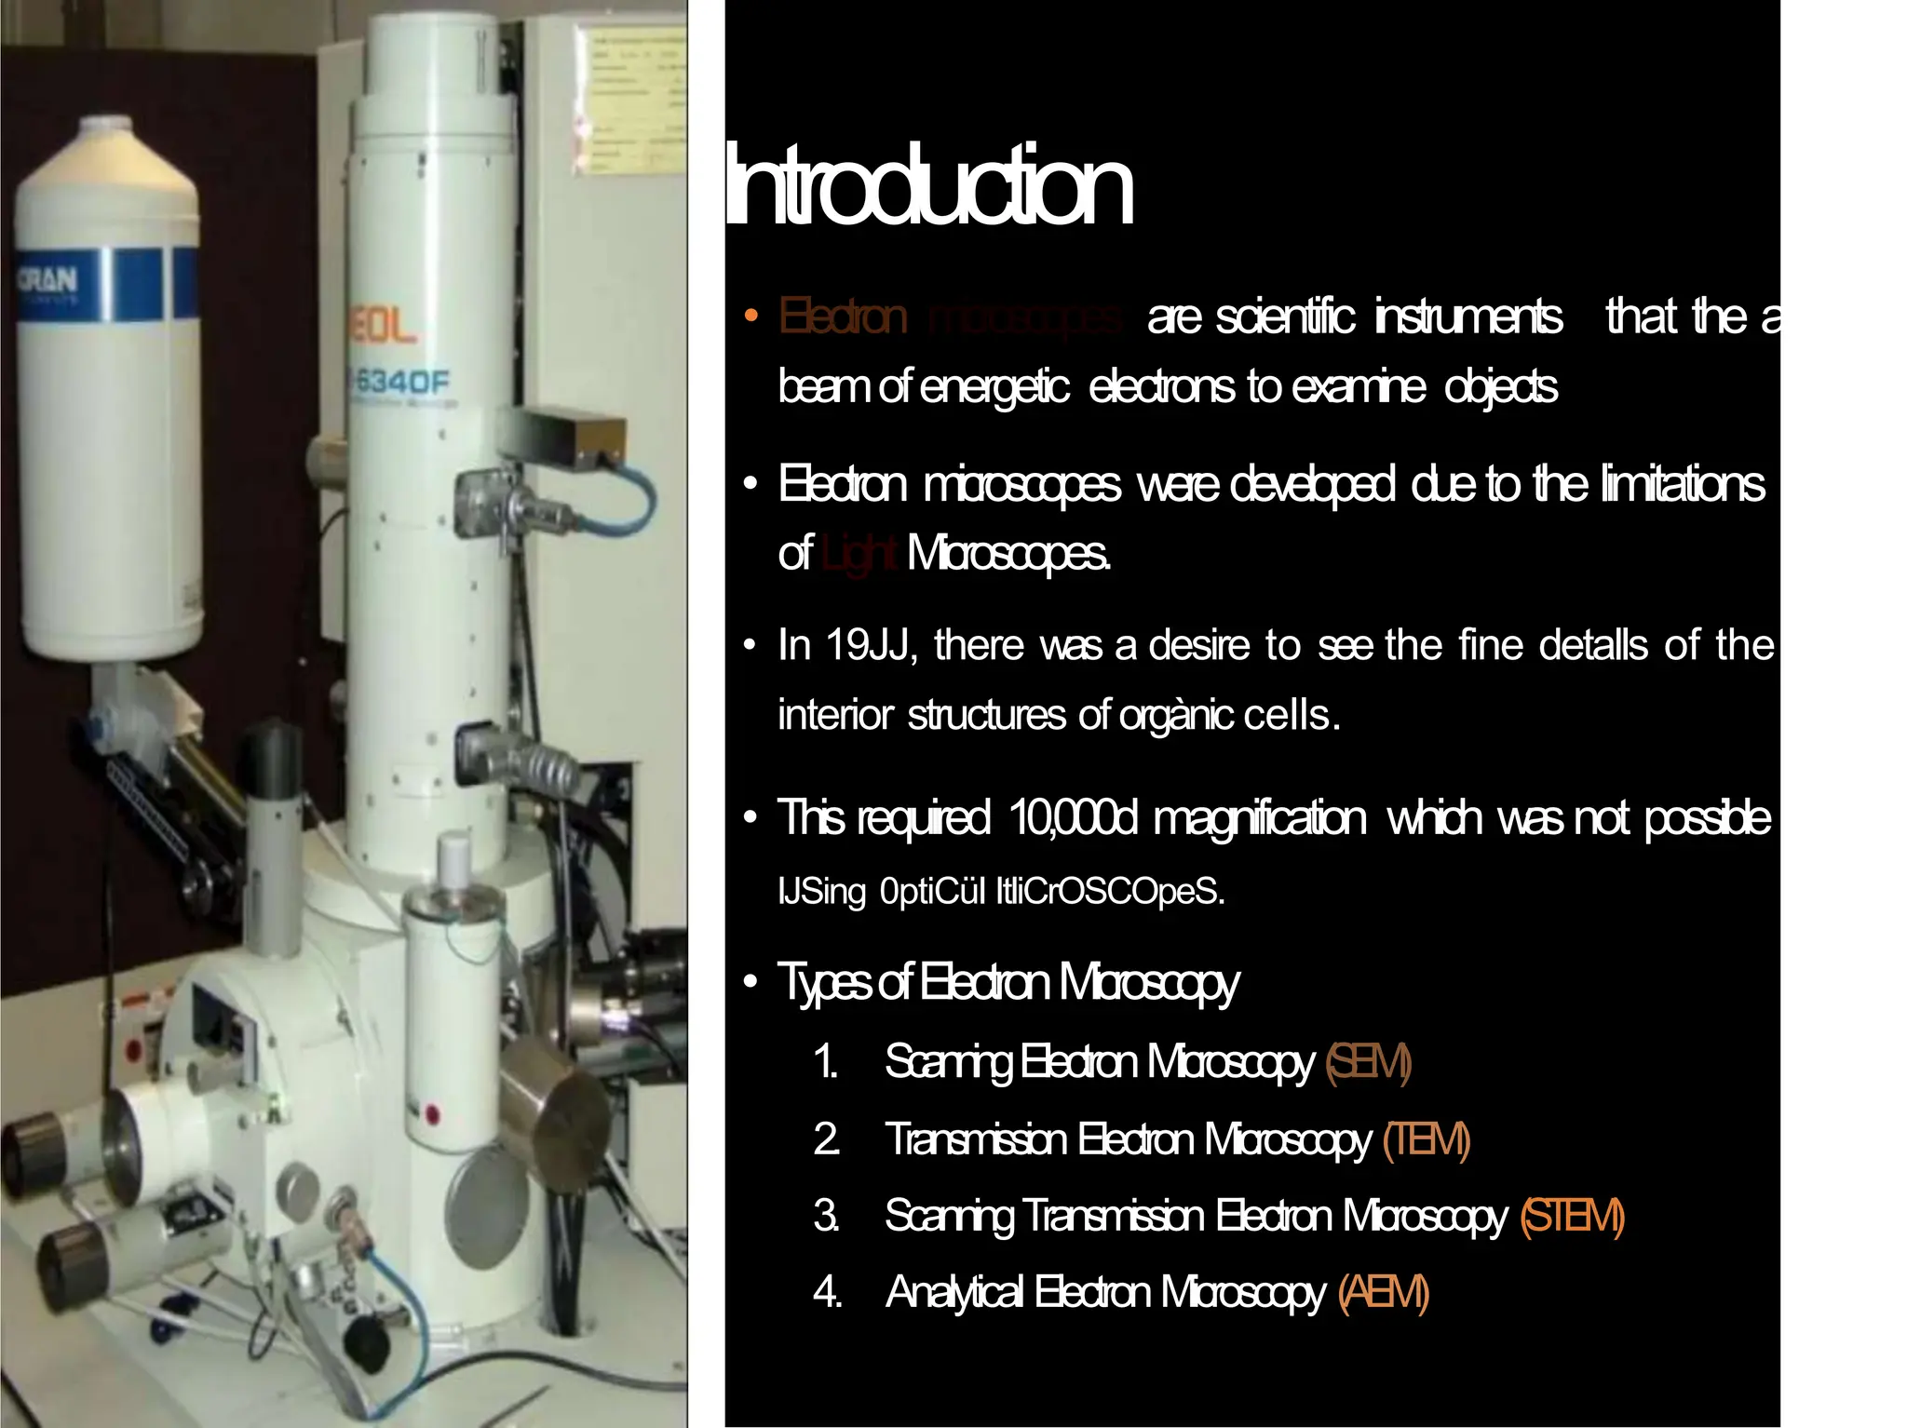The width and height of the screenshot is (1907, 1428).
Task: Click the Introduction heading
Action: (928, 186)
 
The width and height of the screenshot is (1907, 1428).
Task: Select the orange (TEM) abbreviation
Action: (1427, 1140)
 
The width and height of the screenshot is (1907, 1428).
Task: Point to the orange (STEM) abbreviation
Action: (1572, 1217)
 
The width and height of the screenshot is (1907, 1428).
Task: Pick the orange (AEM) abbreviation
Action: (1383, 1293)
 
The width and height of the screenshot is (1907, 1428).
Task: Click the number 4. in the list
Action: (827, 1293)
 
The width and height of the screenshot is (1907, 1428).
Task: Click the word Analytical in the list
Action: (953, 1293)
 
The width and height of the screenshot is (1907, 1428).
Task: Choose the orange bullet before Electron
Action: (751, 317)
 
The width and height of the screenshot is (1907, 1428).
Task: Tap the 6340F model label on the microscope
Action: (402, 382)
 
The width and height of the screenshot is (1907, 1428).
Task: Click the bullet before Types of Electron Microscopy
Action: (751, 983)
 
